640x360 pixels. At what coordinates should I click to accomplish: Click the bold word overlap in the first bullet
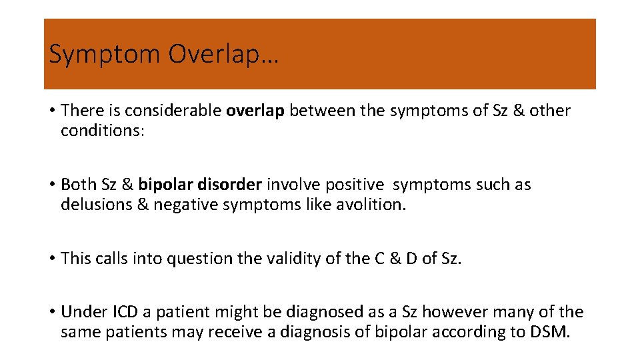255,111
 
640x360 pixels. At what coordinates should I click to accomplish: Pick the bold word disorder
231,185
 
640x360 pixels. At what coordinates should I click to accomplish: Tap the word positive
355,185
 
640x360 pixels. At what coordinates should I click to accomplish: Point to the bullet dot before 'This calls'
52,259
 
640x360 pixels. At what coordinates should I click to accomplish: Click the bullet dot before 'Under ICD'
52,312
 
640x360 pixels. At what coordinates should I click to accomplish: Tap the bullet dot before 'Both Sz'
52,185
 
